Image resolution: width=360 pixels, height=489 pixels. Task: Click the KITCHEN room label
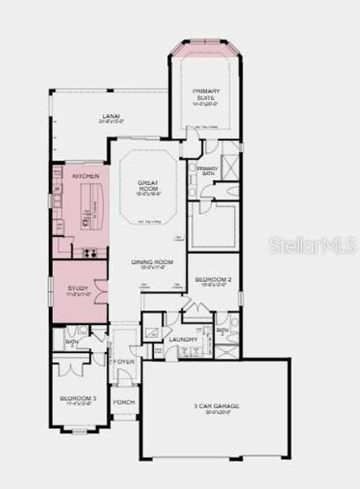(x=86, y=176)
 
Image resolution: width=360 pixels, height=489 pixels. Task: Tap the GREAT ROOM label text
(x=147, y=187)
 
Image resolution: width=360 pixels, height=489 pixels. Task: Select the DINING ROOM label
(x=148, y=262)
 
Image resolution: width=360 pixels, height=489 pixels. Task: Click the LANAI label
(x=110, y=116)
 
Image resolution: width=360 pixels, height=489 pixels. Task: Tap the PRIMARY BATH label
(x=207, y=171)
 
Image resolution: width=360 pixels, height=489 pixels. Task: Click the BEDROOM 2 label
(x=213, y=281)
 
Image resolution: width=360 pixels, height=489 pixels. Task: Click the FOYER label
(x=123, y=361)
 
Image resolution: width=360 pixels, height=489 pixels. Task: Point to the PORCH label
(x=124, y=403)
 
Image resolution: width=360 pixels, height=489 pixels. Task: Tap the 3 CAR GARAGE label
(x=216, y=407)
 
